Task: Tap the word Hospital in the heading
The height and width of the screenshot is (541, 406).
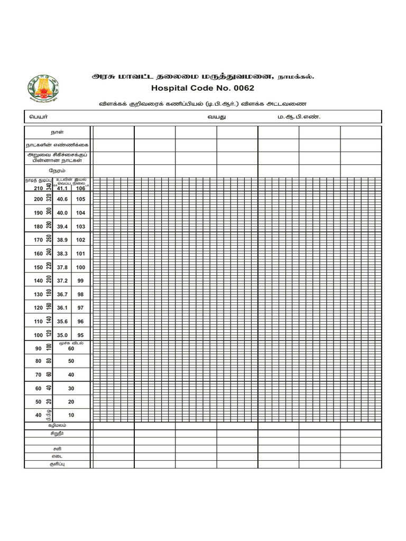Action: [x=168, y=88]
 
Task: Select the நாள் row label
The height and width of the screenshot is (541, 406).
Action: [x=57, y=132]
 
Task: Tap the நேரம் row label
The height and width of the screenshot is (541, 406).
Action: [x=57, y=171]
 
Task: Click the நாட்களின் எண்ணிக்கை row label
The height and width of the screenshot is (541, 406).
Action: [x=57, y=145]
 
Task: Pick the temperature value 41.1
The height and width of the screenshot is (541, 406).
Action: [x=62, y=189]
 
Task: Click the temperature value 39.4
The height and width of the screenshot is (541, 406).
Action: [x=62, y=226]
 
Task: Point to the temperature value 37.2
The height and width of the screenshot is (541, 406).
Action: [x=62, y=281]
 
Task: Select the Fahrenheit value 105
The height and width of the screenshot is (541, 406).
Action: [x=80, y=199]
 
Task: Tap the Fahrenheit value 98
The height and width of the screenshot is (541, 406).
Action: [x=80, y=294]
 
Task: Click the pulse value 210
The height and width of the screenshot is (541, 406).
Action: [x=38, y=189]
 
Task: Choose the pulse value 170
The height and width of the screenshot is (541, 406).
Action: [x=38, y=240]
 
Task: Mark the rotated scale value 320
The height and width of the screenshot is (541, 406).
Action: [x=49, y=198]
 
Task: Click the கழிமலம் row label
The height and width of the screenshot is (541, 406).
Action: [x=57, y=425]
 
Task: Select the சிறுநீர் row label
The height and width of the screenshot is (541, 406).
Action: [x=57, y=433]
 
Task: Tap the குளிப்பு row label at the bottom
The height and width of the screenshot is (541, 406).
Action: [x=57, y=464]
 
